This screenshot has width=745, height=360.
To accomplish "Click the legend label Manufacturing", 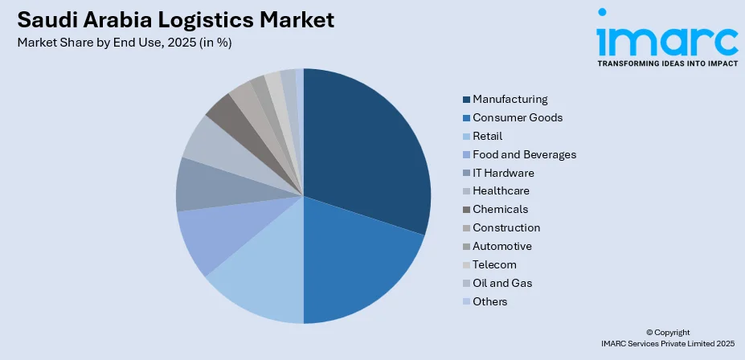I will [x=510, y=99].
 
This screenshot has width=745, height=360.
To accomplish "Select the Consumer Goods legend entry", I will [x=518, y=117].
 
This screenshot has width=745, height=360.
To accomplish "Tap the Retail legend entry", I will [x=487, y=136].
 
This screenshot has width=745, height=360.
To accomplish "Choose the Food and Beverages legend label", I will [x=524, y=154].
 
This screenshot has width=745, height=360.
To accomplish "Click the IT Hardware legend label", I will [x=503, y=173].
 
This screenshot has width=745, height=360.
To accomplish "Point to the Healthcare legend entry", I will [x=501, y=191].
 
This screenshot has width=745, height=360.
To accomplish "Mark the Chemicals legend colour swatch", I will [x=466, y=210].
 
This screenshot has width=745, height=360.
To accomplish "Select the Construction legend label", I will [x=506, y=228].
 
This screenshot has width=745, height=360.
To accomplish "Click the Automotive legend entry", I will [x=502, y=247].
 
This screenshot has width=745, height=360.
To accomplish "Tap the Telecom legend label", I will [x=494, y=265].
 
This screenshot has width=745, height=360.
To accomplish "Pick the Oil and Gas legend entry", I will [x=502, y=284].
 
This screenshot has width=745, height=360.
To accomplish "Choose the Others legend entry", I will [x=490, y=302].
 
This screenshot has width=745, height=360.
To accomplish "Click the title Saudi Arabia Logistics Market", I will [x=176, y=19].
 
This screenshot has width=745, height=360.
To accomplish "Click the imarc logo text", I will [x=666, y=40].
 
